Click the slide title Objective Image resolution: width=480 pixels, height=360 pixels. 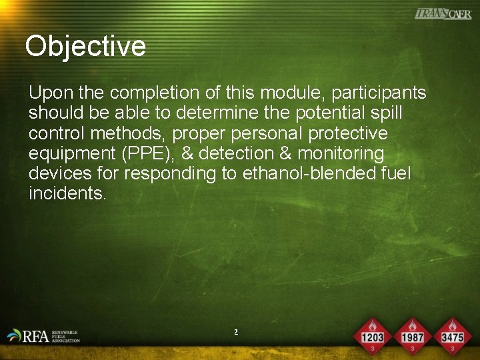(85, 46)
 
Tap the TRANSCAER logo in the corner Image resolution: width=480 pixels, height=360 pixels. (443, 14)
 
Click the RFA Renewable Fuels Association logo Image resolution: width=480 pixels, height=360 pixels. (43, 336)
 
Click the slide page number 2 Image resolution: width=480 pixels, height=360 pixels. (236, 331)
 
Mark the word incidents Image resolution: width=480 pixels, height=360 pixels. (67, 195)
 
